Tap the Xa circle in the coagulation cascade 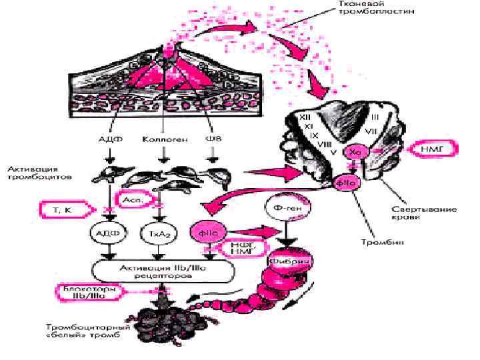(355, 153)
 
